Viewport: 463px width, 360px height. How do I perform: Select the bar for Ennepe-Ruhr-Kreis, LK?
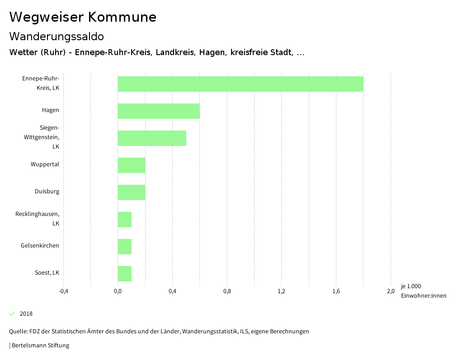(x=241, y=84)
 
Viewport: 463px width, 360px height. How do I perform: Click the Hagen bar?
(x=159, y=111)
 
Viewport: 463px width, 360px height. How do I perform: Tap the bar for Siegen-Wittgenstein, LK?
(x=152, y=138)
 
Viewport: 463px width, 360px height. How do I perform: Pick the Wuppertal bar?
(x=132, y=165)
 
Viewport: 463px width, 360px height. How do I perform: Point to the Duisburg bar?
(x=132, y=192)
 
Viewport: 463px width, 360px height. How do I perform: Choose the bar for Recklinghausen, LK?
(x=125, y=220)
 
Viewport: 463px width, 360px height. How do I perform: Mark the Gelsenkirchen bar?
(x=125, y=247)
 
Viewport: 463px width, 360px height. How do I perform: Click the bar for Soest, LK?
(x=125, y=274)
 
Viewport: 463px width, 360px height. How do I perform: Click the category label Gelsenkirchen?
(x=40, y=246)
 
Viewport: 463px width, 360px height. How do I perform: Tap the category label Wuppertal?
(x=45, y=164)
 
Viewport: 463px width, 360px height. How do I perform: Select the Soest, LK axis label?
(x=47, y=273)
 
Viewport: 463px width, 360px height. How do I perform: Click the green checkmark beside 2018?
(x=12, y=314)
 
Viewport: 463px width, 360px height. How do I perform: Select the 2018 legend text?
(x=26, y=314)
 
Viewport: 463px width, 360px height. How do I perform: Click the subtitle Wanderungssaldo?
(x=57, y=36)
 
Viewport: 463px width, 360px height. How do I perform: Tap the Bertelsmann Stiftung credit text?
(x=40, y=346)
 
